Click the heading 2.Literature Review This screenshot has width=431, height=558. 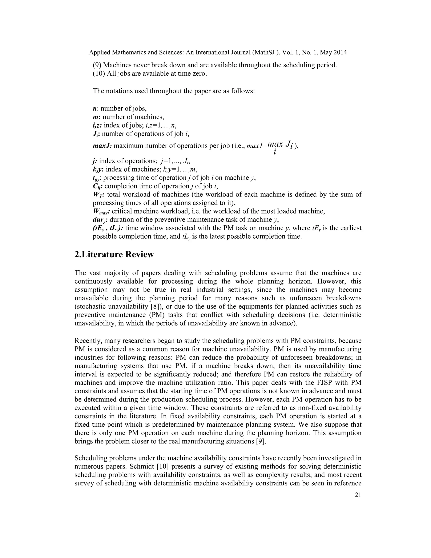tap(114, 255)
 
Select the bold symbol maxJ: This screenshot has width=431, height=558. tap(102, 146)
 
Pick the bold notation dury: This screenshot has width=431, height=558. tap(100, 220)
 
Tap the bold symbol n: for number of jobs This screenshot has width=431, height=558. tap(95, 109)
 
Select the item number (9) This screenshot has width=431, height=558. tap(97, 65)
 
